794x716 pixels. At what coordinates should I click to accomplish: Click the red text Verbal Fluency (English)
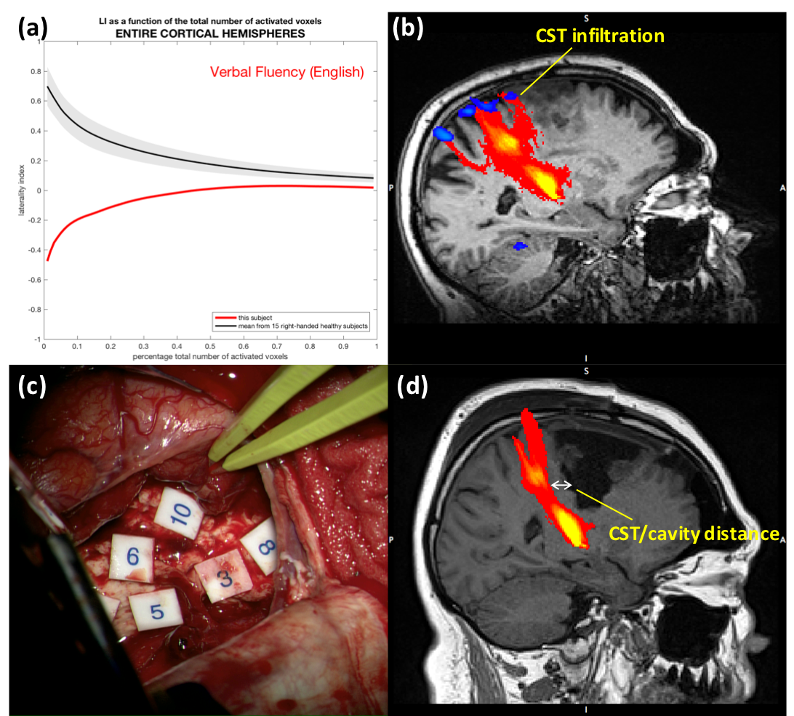point(286,72)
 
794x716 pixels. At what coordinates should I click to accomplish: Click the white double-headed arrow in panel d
point(561,485)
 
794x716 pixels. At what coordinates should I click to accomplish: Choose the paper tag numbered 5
point(156,611)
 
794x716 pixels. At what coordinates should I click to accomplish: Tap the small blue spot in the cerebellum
point(518,246)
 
